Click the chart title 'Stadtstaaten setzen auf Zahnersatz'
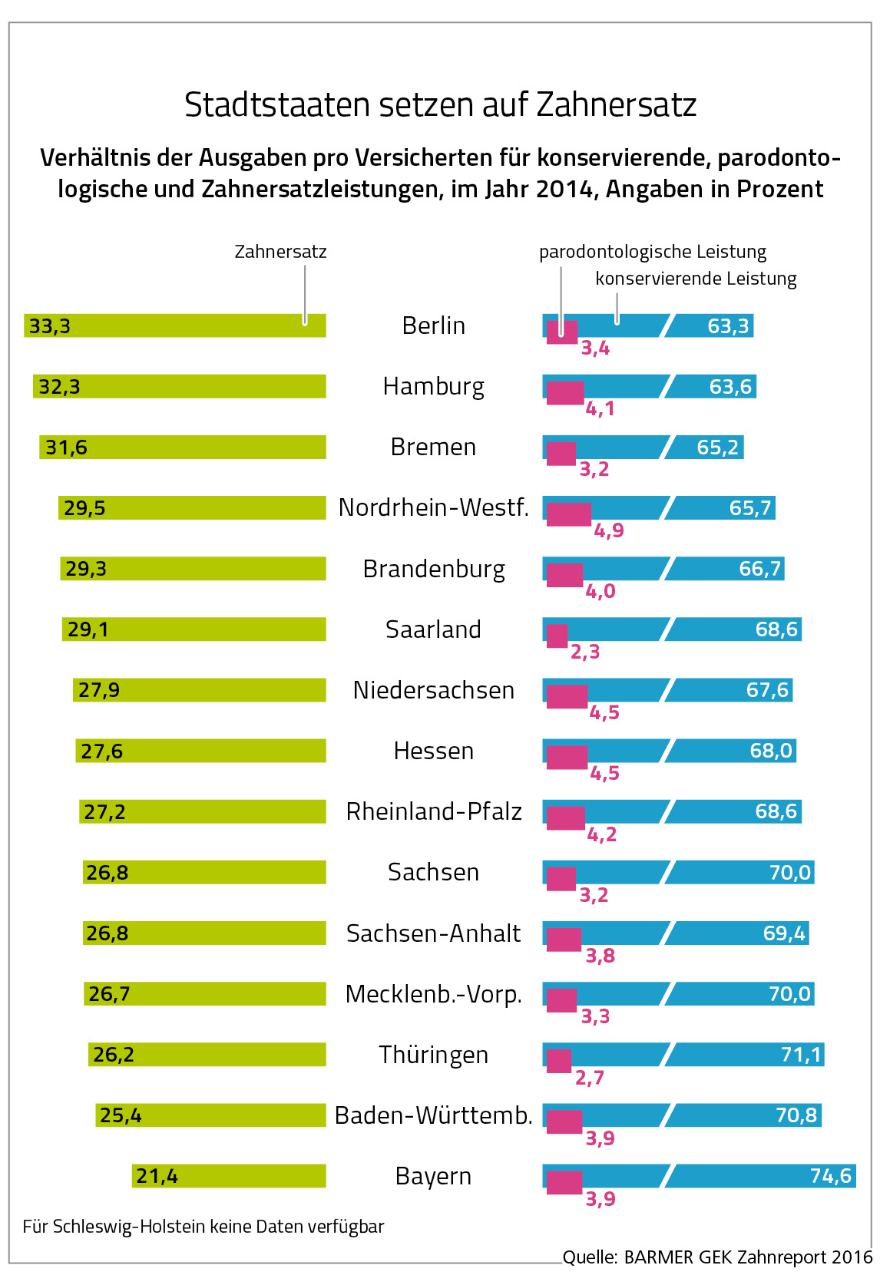(440, 105)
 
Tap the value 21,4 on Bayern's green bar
(157, 1176)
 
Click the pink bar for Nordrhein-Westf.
(568, 514)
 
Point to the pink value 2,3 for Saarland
(584, 652)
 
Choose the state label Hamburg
(433, 386)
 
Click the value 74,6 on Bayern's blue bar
(830, 1176)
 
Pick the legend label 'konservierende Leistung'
(696, 279)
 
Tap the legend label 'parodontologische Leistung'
(653, 252)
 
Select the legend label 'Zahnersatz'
(280, 252)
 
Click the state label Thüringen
(433, 1055)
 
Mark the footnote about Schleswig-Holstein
(203, 1227)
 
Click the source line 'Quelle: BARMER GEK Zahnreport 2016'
(717, 1257)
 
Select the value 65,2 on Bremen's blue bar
(717, 447)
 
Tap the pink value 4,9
(609, 530)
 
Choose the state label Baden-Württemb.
(433, 1115)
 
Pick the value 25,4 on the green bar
(121, 1115)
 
